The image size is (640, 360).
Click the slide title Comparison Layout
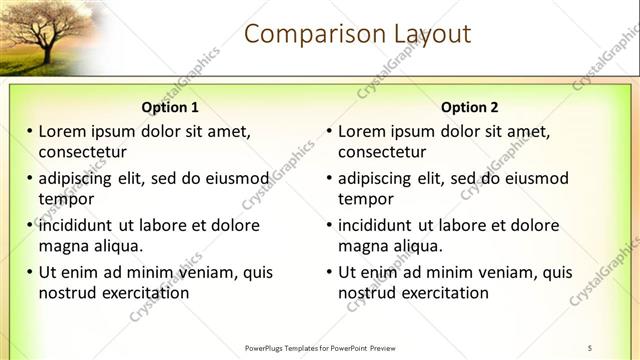pyautogui.click(x=357, y=34)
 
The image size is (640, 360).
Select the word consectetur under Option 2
pyautogui.click(x=382, y=152)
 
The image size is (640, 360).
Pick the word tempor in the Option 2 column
pyautogui.click(x=365, y=199)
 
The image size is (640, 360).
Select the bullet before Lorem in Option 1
pyautogui.click(x=30, y=132)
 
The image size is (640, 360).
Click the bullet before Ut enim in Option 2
pyautogui.click(x=330, y=272)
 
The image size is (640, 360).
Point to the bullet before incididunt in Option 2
pyautogui.click(x=330, y=226)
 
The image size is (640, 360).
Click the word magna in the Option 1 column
pyautogui.click(x=62, y=246)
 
